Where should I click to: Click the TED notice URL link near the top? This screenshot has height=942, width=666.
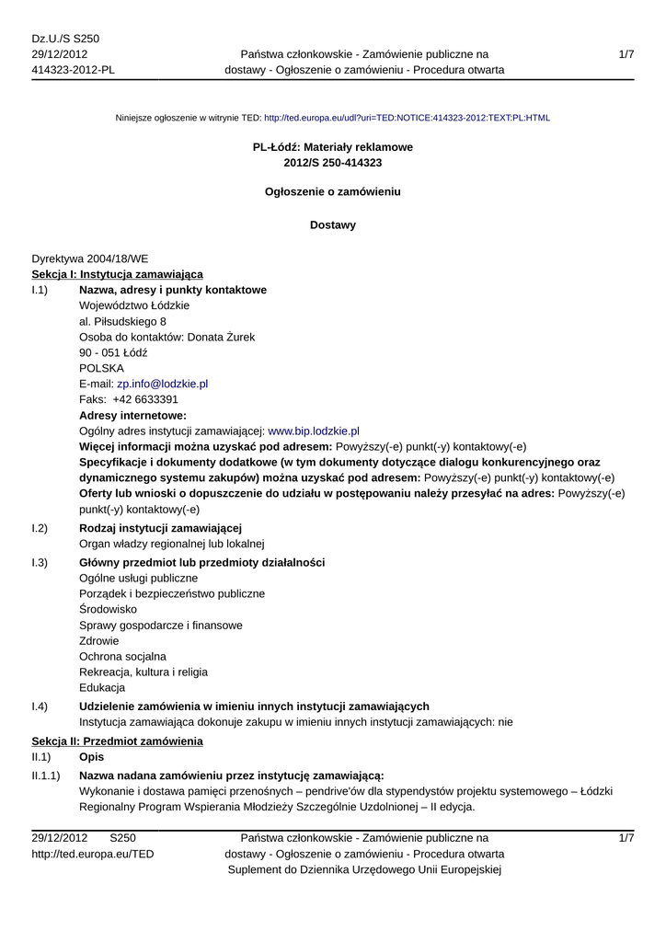coord(407,118)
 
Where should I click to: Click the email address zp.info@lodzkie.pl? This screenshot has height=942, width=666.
coord(162,384)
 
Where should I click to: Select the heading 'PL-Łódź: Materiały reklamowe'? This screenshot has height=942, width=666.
coord(333,147)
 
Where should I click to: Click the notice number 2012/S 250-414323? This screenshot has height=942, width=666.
coord(333,163)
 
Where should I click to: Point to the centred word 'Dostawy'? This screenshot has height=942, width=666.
coord(333,224)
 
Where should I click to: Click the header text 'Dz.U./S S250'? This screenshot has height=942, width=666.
coord(65,39)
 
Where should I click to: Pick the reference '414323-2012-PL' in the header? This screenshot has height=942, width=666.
coord(74,70)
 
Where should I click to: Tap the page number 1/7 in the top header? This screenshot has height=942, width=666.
coord(626,55)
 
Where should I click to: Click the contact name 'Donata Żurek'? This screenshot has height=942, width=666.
coord(221,337)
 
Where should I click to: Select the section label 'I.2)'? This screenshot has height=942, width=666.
coord(40,527)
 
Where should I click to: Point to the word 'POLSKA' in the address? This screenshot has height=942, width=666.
coord(96,368)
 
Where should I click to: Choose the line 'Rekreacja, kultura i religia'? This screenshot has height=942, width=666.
coord(144,672)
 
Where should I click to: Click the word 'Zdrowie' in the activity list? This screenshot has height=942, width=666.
coord(99,640)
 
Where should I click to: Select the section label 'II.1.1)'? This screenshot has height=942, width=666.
coord(46,775)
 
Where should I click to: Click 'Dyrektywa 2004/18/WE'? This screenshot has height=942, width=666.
coord(90,259)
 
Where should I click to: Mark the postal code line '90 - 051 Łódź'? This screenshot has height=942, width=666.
coord(113,352)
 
